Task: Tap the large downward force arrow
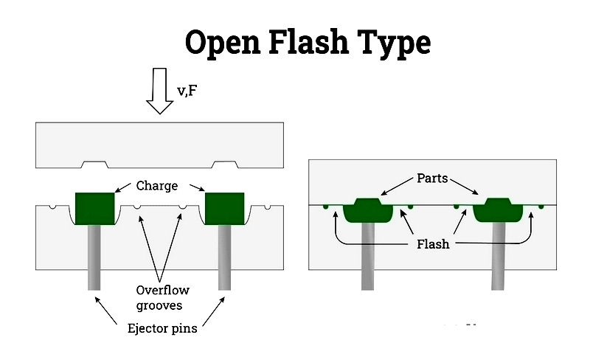159,90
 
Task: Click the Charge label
157,186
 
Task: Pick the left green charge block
95,207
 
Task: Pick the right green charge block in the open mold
224,207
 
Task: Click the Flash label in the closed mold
432,243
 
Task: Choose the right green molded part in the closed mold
498,209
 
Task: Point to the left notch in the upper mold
96,164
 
